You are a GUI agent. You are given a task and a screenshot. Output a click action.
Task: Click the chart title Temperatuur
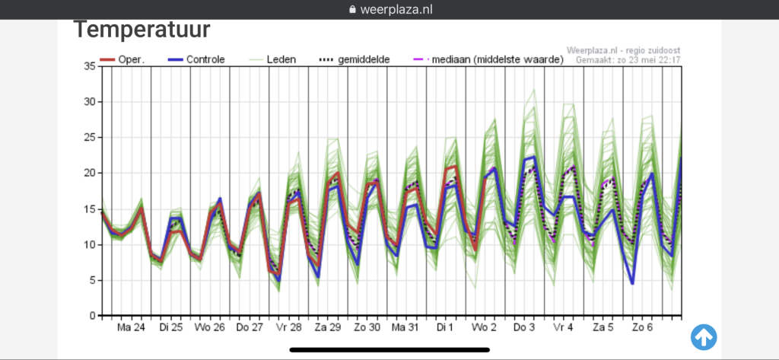[142, 30]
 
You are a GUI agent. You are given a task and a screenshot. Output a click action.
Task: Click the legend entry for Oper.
[122, 59]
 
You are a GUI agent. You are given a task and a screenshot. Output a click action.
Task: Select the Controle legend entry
[193, 59]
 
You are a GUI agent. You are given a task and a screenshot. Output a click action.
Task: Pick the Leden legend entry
[272, 59]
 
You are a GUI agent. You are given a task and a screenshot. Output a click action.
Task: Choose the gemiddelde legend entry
[354, 59]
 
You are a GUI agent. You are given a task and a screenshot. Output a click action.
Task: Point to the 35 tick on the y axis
[90, 66]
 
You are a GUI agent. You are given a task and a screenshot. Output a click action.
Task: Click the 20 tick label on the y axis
[90, 173]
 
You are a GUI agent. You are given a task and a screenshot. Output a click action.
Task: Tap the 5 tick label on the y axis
[92, 280]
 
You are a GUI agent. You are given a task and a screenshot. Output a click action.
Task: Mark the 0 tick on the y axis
[92, 316]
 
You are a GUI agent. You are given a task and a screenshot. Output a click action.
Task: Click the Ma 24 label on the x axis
[131, 328]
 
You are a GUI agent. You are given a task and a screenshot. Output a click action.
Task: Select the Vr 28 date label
[288, 328]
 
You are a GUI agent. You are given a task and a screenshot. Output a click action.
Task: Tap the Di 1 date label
[445, 328]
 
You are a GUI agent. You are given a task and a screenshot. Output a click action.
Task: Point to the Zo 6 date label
[642, 328]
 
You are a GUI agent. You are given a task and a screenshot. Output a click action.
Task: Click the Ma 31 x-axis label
[405, 328]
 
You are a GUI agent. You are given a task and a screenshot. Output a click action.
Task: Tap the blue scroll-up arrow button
[704, 337]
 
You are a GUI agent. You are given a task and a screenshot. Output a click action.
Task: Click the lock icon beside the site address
[353, 9]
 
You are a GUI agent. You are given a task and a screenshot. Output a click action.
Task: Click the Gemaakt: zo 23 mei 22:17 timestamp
[628, 60]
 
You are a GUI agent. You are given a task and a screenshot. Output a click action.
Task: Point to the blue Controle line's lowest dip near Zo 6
[632, 284]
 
